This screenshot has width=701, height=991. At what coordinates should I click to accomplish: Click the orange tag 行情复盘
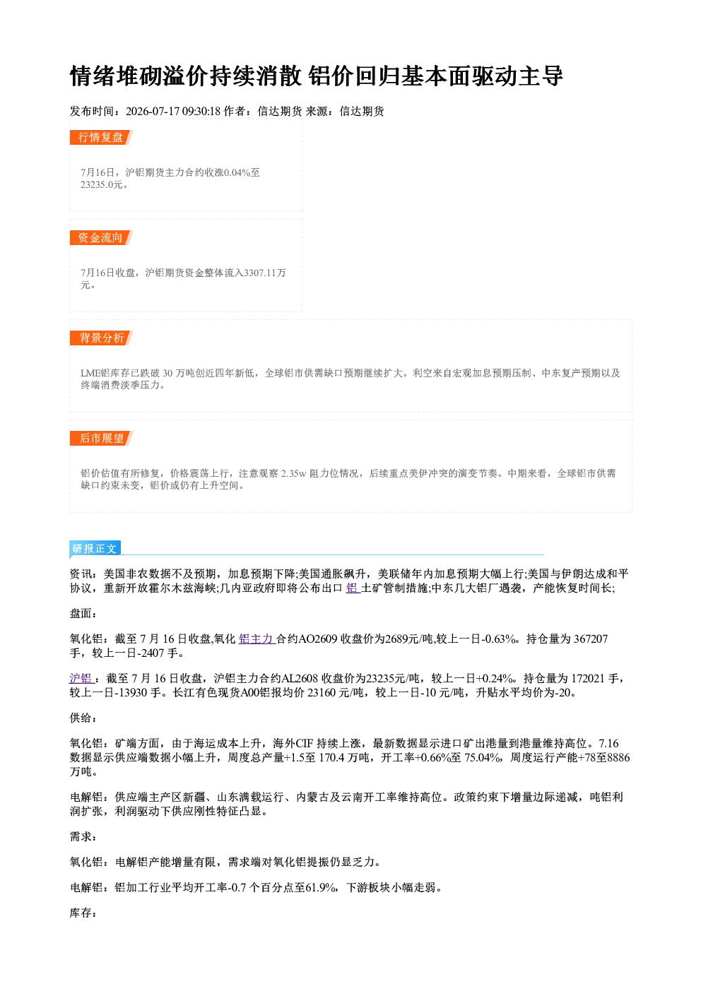pos(100,137)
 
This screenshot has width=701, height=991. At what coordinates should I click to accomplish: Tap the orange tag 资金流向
pos(100,237)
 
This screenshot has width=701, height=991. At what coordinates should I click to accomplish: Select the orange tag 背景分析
pos(100,338)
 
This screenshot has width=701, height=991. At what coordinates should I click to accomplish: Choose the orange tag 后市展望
pos(100,439)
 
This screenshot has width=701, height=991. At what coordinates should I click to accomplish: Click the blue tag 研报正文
pos(95,549)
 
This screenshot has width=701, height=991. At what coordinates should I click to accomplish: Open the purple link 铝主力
pos(257,639)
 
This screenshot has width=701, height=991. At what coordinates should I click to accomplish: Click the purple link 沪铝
pos(81,678)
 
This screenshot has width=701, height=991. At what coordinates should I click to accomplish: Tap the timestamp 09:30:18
pos(201,111)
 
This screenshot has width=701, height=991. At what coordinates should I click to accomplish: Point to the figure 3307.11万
pos(265,273)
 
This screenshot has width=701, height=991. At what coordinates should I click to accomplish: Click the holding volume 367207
pos(591,639)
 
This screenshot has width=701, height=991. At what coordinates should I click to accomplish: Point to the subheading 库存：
pos(83,913)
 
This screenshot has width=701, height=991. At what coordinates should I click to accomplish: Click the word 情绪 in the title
pos(93,76)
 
